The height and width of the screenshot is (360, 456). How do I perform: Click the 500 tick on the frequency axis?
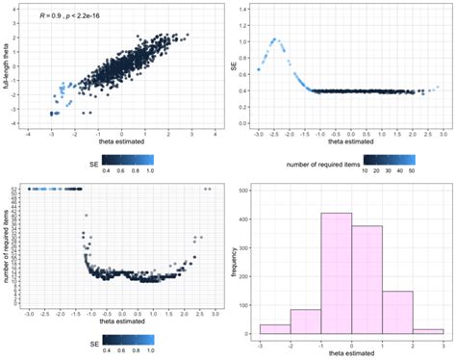[248, 191]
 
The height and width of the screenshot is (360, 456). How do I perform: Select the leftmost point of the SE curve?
[259, 70]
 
